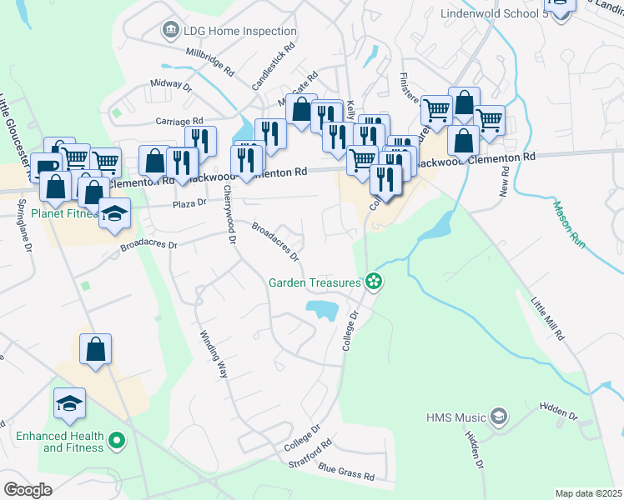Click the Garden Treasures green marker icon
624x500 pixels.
tap(375, 282)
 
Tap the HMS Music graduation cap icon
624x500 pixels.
tap(498, 415)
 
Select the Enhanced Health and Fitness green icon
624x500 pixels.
tap(117, 439)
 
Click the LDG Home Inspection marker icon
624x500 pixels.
tap(171, 31)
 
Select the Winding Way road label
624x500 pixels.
tap(214, 354)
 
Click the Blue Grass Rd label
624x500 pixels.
tap(345, 473)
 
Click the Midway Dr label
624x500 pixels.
tap(171, 85)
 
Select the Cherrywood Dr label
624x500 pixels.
tap(230, 214)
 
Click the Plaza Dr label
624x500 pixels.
tap(189, 204)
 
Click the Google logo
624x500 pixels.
tap(28, 489)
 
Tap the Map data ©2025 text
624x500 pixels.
tap(588, 493)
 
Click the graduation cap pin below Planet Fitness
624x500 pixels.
tap(114, 213)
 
